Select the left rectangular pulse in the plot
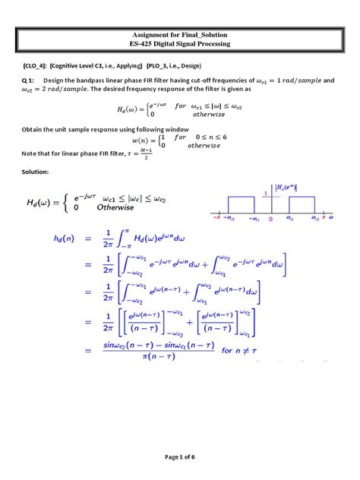point(243,207)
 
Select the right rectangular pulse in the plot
point(302,207)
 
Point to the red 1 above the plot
point(266,193)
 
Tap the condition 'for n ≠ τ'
point(238,351)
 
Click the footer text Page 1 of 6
point(179,455)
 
